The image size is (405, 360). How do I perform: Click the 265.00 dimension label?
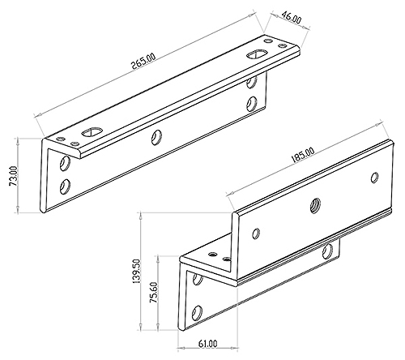coord(143,62)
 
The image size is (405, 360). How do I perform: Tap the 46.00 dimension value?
coord(292,18)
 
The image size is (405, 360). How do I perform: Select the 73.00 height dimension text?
coord(14,176)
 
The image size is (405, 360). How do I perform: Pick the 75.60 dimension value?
coord(155,292)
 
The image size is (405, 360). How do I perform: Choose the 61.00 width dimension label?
coord(207,344)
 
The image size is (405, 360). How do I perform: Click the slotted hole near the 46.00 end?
coord(257,54)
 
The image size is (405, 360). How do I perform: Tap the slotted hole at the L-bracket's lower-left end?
coord(92,131)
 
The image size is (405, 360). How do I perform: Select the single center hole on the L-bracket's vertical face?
coord(156,137)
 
